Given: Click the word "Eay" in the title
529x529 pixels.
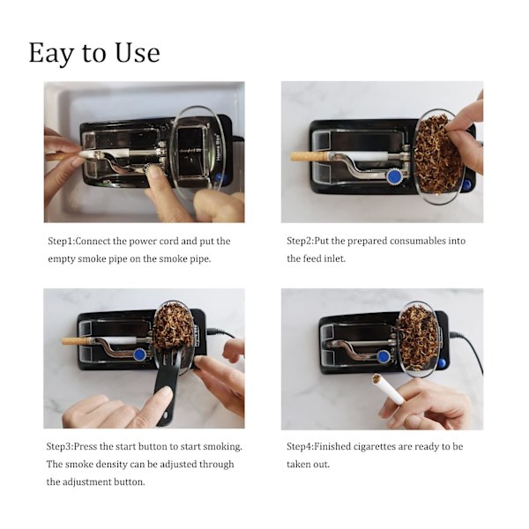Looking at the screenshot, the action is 51,53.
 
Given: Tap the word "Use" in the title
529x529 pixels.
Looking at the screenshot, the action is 138,52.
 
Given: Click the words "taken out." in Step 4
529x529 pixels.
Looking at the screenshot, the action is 308,465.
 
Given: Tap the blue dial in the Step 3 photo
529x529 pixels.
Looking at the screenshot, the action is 139,354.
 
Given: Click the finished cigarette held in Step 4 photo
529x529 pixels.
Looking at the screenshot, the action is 387,389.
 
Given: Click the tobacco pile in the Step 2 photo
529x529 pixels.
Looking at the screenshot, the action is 438,155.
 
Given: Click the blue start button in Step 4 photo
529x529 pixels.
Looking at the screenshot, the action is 442,363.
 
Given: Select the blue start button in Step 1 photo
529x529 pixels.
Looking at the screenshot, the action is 220,177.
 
